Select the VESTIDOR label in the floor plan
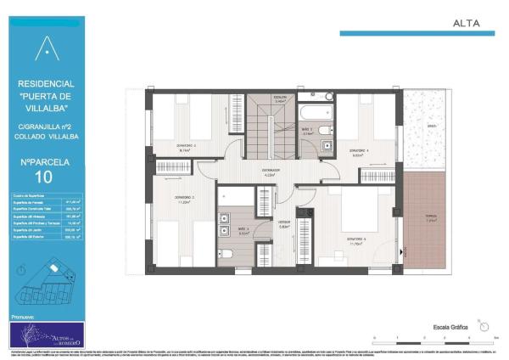click(x=284, y=225)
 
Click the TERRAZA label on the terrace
click(x=431, y=216)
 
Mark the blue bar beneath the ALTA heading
click(x=417, y=34)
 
